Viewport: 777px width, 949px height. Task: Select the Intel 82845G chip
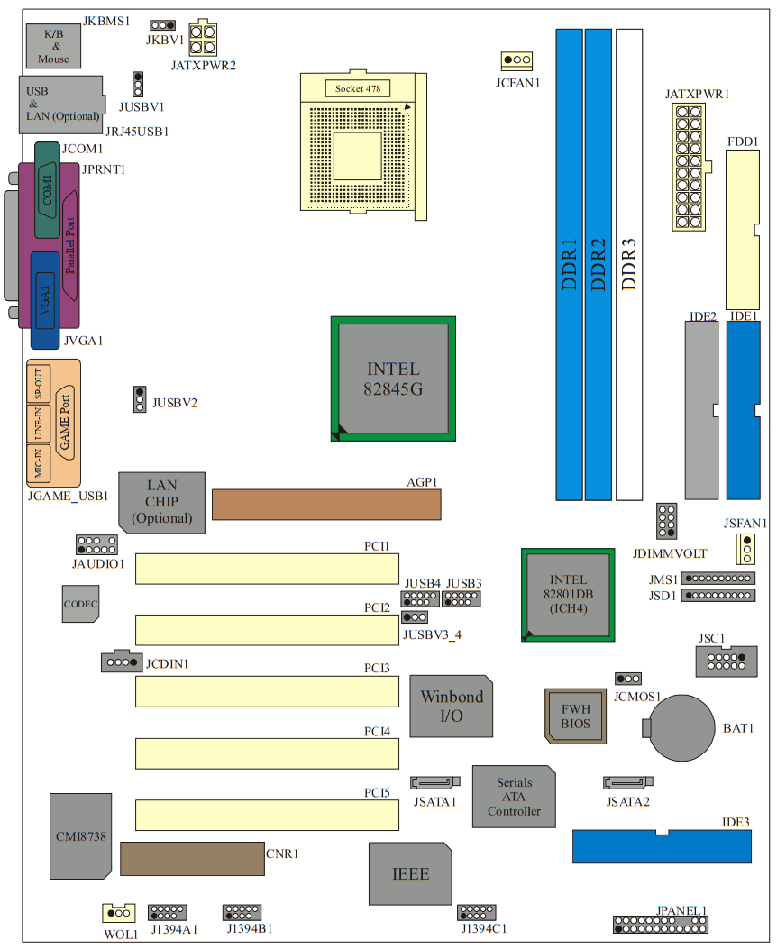(393, 379)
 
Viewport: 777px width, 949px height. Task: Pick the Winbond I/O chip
(452, 706)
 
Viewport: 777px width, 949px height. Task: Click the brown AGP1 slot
(326, 505)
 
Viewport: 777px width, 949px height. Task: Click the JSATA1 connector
(435, 782)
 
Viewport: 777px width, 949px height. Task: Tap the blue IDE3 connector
(662, 846)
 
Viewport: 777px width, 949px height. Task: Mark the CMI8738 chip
(81, 835)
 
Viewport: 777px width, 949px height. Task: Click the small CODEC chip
(80, 603)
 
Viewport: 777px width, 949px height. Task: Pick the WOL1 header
(117, 913)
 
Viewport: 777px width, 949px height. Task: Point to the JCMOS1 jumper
(628, 678)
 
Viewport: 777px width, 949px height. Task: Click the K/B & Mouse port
(54, 46)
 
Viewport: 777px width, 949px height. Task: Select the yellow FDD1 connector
(744, 230)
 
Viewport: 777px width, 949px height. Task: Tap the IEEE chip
(410, 873)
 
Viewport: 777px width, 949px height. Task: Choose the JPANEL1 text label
(682, 910)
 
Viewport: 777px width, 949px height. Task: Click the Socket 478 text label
(357, 88)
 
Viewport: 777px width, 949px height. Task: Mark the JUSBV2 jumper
(139, 398)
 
